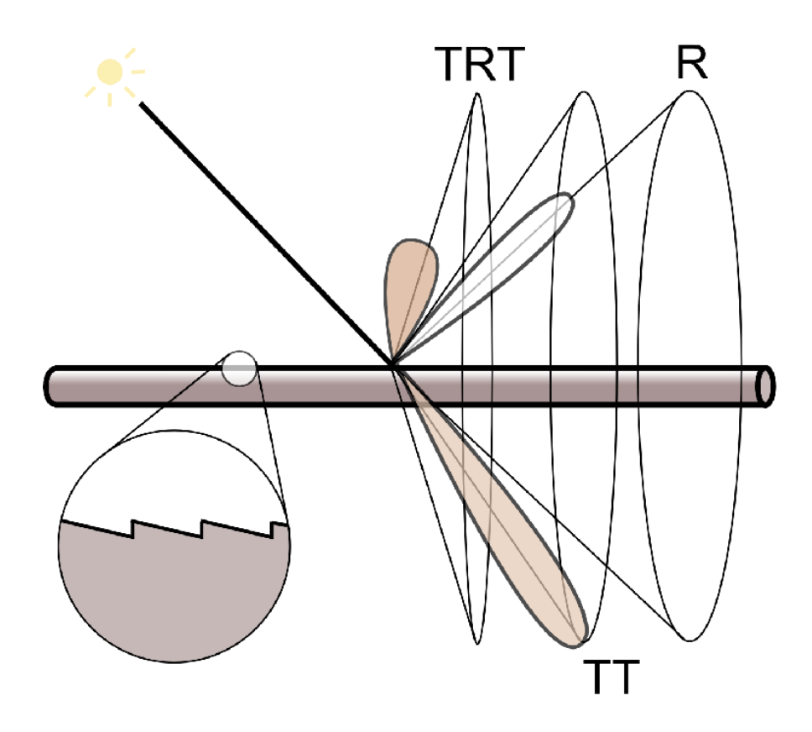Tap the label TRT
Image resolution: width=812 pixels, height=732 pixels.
coord(478,65)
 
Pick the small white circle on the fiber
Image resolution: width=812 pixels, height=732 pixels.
coord(240,369)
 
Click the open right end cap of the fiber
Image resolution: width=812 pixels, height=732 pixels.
coord(764,385)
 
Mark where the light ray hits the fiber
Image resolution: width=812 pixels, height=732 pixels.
coord(391,364)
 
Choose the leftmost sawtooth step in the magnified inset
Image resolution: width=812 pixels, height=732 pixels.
coord(133,530)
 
